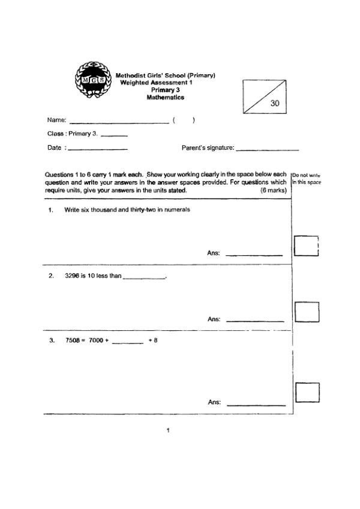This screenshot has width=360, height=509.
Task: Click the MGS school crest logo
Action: point(92,80)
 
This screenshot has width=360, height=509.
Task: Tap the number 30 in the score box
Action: point(275,103)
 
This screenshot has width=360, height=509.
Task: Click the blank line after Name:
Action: point(119,122)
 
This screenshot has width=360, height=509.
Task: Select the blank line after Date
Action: point(98,148)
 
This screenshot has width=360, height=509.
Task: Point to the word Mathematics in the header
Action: point(166,97)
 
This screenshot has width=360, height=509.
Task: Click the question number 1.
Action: point(51,210)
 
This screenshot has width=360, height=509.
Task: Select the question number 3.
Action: point(52,341)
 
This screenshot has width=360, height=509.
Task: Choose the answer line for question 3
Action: point(256,405)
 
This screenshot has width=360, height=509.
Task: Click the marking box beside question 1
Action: point(305,246)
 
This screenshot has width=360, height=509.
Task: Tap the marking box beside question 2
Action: point(307,312)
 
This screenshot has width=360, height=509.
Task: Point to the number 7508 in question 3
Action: point(73,341)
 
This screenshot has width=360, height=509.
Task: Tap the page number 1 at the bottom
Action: point(168,430)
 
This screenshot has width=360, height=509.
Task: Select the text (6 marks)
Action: point(274,190)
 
